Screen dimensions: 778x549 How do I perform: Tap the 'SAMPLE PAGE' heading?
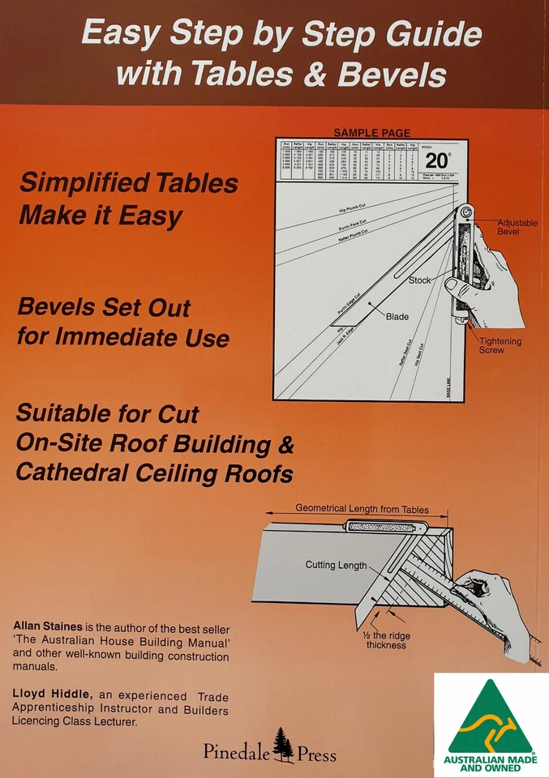[371, 133]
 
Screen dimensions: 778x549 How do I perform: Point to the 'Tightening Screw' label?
[500, 346]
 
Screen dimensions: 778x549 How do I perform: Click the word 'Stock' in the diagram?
[419, 280]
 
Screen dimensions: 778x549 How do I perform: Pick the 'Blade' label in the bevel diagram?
[397, 317]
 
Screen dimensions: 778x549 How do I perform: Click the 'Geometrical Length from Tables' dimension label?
[362, 509]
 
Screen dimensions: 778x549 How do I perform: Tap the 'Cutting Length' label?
[336, 565]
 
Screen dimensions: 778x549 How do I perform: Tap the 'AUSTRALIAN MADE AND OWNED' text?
[491, 763]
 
